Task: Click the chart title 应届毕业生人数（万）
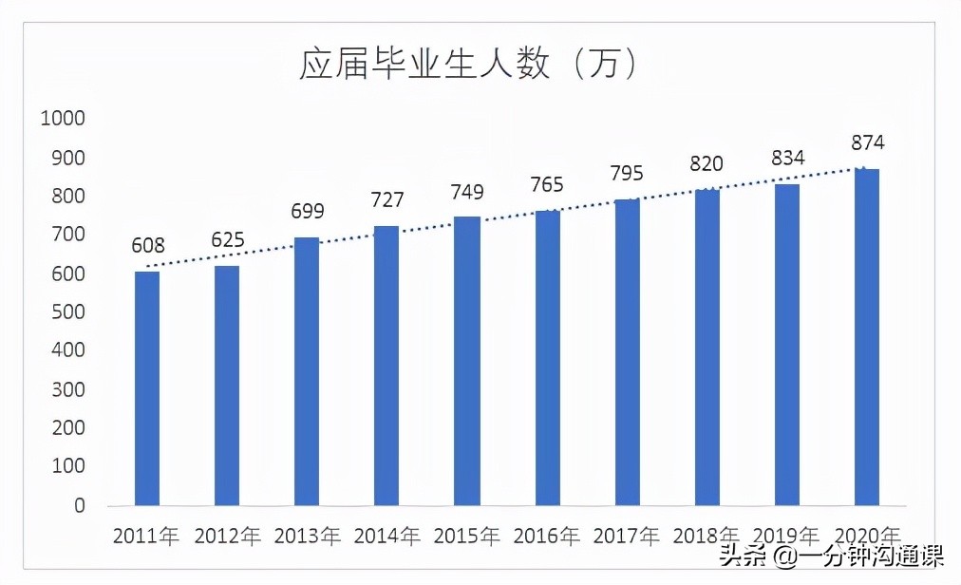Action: pyautogui.click(x=467, y=64)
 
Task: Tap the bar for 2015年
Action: pyautogui.click(x=466, y=361)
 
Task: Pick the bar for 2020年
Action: pyautogui.click(x=866, y=337)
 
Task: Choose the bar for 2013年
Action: pyautogui.click(x=307, y=370)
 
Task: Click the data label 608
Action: pyautogui.click(x=148, y=247)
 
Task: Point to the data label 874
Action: pyautogui.click(x=867, y=143)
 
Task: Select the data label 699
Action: pyautogui.click(x=308, y=212)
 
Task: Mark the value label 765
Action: pyautogui.click(x=546, y=184)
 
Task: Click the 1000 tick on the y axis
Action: pyautogui.click(x=62, y=119)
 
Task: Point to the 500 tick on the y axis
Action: pyautogui.click(x=66, y=312)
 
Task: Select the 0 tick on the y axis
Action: pyautogui.click(x=79, y=506)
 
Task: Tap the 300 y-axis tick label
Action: pyautogui.click(x=66, y=390)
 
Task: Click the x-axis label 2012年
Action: pyautogui.click(x=227, y=536)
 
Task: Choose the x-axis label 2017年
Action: pyautogui.click(x=627, y=536)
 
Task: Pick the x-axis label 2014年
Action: pyautogui.click(x=386, y=536)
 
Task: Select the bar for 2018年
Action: pyautogui.click(x=707, y=347)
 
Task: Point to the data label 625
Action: pyautogui.click(x=228, y=239)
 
